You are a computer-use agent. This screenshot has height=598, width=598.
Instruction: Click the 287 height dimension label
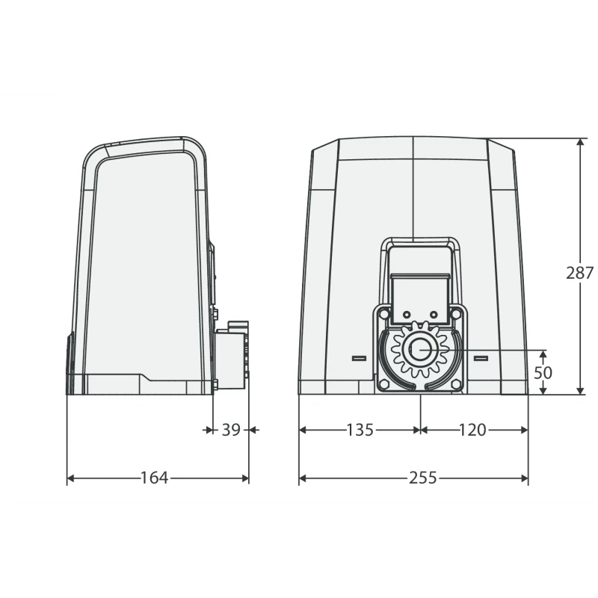pos(579,273)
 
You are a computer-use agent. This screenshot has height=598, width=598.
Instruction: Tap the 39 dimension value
pos(231,430)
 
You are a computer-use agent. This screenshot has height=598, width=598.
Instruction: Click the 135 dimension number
pos(360,430)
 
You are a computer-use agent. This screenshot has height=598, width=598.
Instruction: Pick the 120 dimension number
pos(472,430)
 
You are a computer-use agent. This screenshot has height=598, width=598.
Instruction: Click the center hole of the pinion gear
pos(419,349)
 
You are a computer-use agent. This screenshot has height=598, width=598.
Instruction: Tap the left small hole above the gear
pos(407,312)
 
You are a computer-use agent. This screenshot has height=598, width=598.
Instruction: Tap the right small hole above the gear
pos(432,312)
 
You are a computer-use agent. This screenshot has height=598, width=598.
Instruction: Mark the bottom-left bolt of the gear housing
pos(383,383)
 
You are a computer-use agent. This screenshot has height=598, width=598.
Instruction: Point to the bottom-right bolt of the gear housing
pos(455,383)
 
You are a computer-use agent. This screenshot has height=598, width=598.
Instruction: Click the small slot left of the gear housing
pos(358,358)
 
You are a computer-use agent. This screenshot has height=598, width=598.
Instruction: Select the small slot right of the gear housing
pos(480,358)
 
